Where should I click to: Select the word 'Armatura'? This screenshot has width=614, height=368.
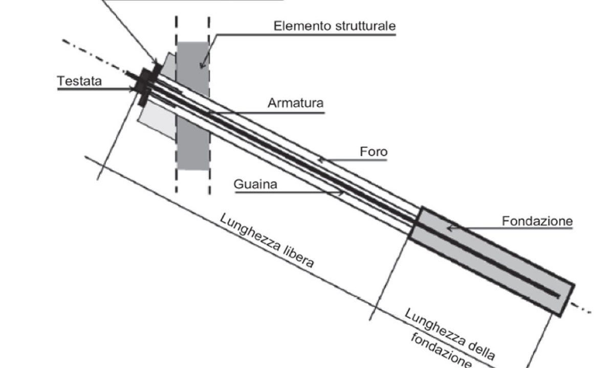point(295,103)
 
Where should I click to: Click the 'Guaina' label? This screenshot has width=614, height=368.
point(255,184)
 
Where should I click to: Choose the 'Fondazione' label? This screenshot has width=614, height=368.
point(537,221)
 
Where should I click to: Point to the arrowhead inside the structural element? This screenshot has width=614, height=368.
point(203,65)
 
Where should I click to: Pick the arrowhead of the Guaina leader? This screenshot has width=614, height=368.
point(342,193)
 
